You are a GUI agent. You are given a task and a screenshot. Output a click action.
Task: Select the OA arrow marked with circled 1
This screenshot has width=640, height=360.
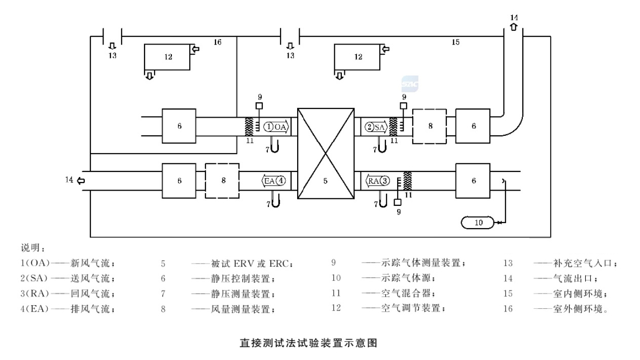(x=276, y=126)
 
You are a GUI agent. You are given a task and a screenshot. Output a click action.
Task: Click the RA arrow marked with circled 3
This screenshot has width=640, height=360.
(x=378, y=180)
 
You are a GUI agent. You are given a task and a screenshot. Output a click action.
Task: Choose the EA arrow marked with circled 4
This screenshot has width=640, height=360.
(x=274, y=180)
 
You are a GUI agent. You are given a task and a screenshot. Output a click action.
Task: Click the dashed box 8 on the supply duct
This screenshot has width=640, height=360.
(x=430, y=126)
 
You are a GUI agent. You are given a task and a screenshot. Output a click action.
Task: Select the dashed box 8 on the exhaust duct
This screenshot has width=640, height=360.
(x=222, y=180)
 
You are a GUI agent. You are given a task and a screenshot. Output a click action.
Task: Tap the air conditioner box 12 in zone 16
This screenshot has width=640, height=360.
(x=167, y=57)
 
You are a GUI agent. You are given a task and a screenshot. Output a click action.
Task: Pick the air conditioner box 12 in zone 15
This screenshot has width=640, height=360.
(x=358, y=57)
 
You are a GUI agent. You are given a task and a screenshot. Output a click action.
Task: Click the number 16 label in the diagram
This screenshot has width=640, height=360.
(x=217, y=42)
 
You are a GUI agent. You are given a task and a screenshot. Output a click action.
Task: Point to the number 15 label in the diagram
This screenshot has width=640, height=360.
(x=455, y=42)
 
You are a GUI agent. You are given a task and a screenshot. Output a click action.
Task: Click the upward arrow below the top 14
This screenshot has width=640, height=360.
(x=514, y=26)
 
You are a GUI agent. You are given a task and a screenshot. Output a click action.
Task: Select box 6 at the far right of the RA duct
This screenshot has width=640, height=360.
(x=473, y=180)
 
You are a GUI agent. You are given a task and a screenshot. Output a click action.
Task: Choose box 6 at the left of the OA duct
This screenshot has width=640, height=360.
(x=179, y=126)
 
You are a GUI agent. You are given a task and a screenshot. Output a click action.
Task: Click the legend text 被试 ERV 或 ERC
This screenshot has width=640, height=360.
(x=243, y=264)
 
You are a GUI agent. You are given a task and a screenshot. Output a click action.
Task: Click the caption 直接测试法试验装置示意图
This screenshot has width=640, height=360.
(x=308, y=343)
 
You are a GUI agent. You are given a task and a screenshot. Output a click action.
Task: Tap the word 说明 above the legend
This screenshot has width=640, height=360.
(x=33, y=248)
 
